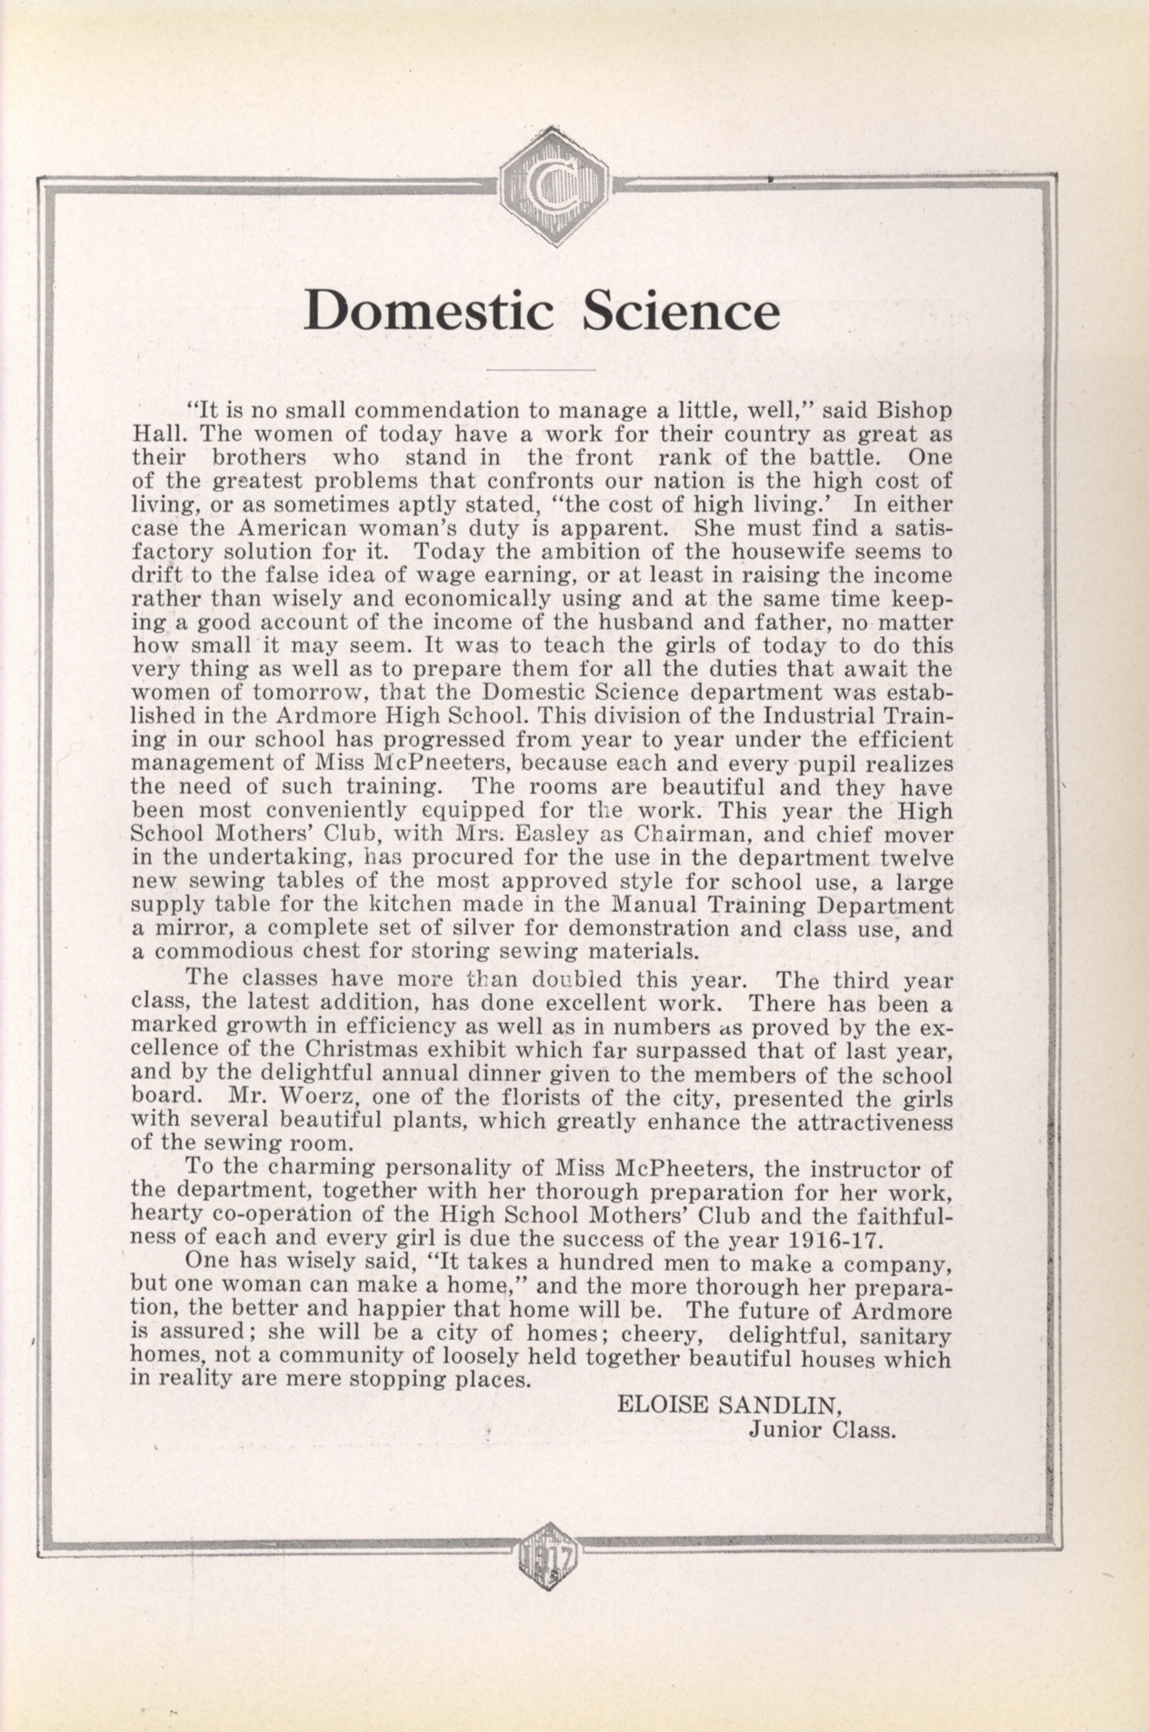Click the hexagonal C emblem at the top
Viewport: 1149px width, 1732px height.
coord(555,185)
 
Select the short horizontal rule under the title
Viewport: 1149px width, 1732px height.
coord(541,370)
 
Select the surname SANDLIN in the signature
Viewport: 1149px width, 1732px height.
coord(778,1404)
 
